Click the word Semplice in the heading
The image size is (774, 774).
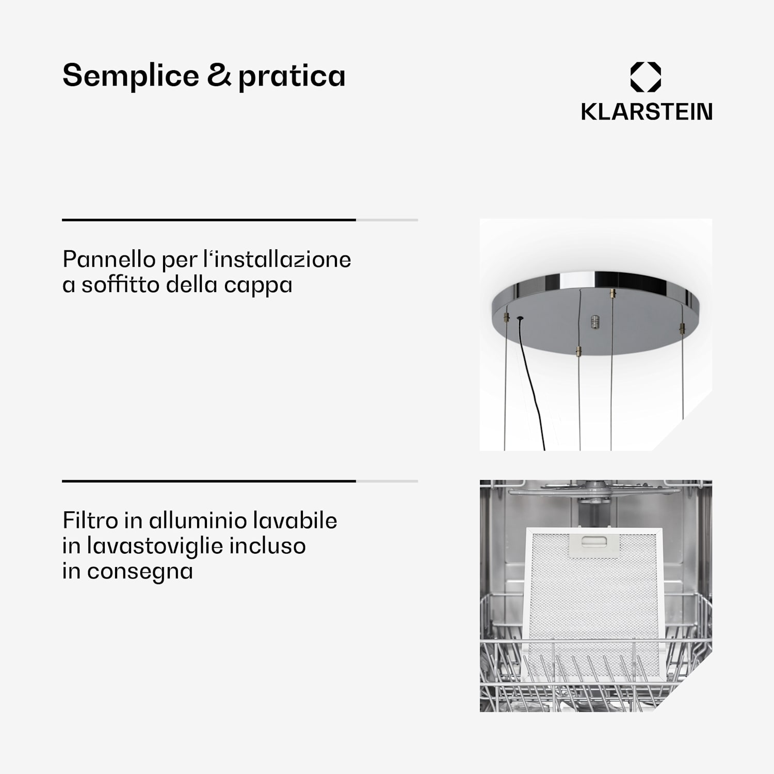(131, 76)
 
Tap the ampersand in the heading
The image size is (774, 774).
(219, 75)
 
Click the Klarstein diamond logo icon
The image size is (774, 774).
(646, 77)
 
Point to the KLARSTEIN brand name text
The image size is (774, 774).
(647, 111)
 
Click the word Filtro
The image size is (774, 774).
(90, 520)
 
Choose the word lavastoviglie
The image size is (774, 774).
(155, 546)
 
